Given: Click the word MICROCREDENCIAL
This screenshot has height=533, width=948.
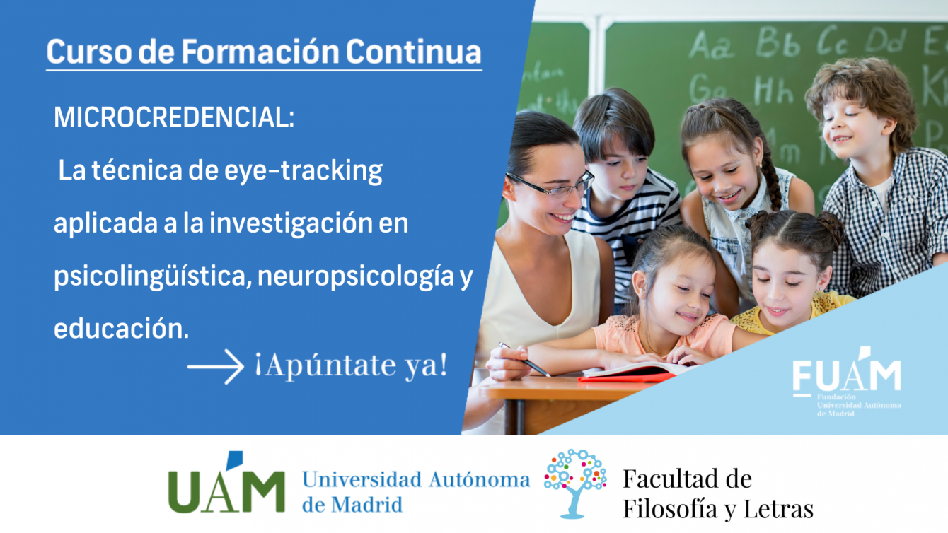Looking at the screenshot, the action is click(173, 117).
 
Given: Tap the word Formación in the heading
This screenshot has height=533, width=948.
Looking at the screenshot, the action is click(260, 52).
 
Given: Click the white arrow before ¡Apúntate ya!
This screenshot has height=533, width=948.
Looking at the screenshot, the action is click(216, 366).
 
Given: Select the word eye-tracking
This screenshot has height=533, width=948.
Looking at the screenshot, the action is click(304, 171).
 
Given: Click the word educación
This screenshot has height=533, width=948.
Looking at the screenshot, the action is click(121, 329).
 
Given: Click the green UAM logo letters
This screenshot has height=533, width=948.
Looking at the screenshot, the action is click(226, 484).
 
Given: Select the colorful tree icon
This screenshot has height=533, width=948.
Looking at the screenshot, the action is click(574, 483).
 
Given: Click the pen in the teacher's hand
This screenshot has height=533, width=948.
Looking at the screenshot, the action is click(525, 360).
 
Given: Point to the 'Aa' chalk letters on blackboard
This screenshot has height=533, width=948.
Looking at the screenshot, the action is click(712, 45).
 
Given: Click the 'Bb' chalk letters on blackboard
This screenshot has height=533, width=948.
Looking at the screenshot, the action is click(778, 42).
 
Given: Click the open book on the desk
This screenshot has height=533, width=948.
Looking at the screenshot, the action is click(635, 373).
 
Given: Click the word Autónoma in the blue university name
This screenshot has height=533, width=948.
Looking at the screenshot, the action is click(479, 480).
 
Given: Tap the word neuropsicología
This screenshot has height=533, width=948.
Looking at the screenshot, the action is click(356, 277).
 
